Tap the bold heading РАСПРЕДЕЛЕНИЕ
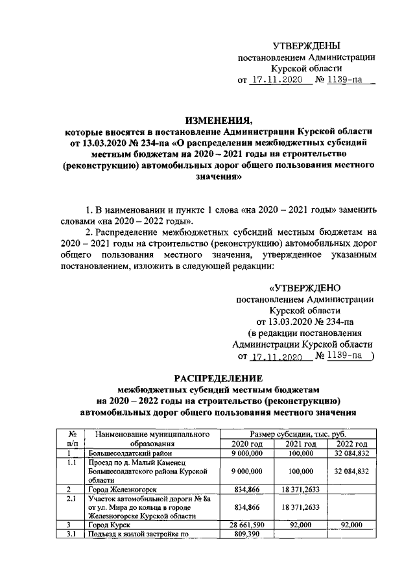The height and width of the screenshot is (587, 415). click(209, 377)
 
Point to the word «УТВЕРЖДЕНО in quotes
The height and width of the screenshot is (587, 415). click(305, 287)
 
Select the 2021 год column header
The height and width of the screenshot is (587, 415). click(300, 444)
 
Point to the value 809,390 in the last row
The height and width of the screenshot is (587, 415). click(246, 533)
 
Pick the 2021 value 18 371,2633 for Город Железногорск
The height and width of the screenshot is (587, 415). click(300, 488)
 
